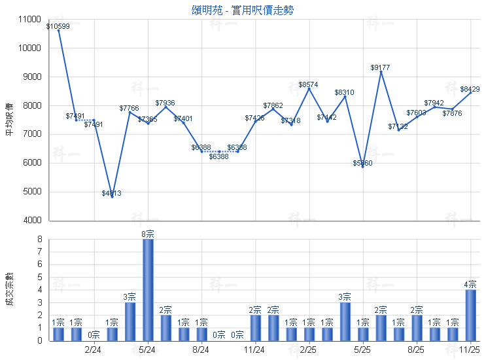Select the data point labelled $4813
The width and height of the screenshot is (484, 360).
pos(112,193)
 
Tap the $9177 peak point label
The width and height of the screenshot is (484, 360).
pos(381,67)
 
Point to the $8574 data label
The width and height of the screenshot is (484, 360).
pos(309,85)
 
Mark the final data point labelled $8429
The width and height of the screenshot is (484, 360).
pos(470,89)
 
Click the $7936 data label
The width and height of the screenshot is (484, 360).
pos(165,103)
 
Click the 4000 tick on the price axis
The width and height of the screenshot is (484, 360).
pos(31,221)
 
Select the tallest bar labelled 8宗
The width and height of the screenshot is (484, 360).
pos(148,289)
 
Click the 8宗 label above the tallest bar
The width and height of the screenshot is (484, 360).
pos(148,234)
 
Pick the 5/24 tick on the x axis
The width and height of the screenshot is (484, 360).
pos(148,350)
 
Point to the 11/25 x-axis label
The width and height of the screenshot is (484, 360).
pos(470,350)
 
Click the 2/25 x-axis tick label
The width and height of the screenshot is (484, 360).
pos(309,350)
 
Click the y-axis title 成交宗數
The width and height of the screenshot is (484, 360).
pos(9,289)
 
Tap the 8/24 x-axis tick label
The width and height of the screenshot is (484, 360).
pos(201,350)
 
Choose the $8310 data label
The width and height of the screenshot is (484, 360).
pos(345,93)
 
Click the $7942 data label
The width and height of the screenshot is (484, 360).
pos(434,103)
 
